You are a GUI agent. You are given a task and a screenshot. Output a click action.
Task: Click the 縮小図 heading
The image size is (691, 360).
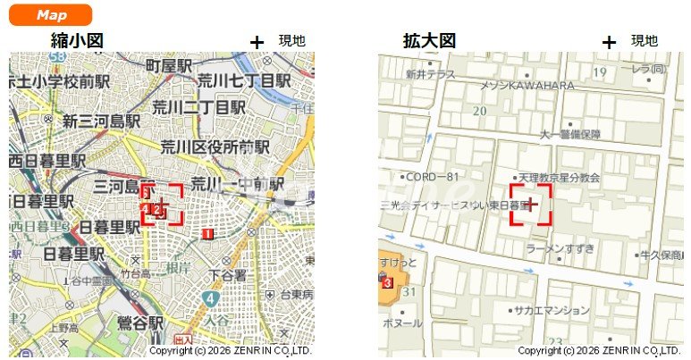(78, 40)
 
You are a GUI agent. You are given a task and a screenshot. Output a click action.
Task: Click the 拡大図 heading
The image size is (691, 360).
(429, 40)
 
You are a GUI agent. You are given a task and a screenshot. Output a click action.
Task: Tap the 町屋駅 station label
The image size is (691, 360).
(170, 65)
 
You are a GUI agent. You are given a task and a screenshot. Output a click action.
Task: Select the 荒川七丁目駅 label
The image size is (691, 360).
(245, 80)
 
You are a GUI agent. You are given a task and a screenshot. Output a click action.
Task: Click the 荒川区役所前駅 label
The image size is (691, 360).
(215, 146)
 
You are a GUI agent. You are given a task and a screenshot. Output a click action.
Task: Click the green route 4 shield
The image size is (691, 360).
(210, 297)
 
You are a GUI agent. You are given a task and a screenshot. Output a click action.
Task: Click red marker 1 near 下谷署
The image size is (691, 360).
(207, 234)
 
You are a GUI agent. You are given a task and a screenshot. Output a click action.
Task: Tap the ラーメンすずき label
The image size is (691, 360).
(560, 248)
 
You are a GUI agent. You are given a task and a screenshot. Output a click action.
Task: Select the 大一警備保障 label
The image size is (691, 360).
(569, 135)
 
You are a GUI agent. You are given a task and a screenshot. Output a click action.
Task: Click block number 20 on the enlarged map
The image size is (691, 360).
(480, 111)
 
